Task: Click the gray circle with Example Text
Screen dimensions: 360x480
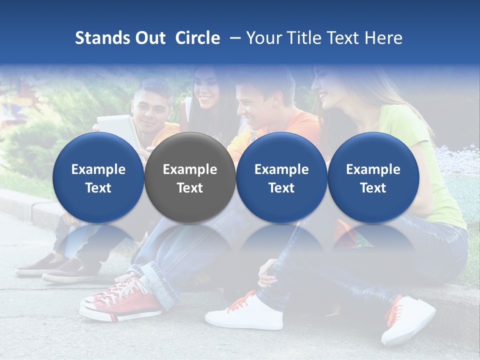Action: (190, 178)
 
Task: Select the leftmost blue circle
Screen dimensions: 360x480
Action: (98, 178)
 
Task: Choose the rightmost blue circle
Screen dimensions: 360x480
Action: (373, 178)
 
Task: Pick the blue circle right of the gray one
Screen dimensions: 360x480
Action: (281, 178)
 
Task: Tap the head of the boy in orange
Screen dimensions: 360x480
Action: (257, 95)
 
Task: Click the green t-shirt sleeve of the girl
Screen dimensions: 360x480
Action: (400, 125)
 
